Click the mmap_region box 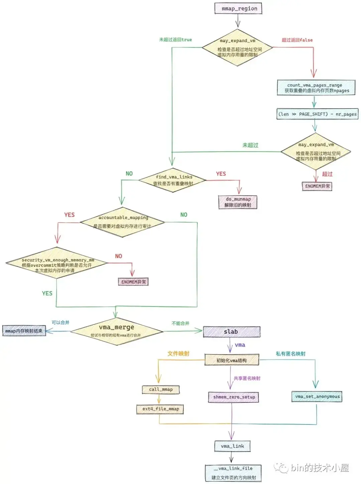click(x=238, y=8)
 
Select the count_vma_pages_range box click(x=316, y=88)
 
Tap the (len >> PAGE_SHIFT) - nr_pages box click(x=317, y=114)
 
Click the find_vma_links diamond click(x=173, y=180)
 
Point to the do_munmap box click(x=238, y=202)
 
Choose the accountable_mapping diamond click(x=123, y=222)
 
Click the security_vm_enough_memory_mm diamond click(x=57, y=263)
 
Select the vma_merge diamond click(x=116, y=331)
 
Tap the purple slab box click(x=231, y=332)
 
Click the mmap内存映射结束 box click(x=24, y=331)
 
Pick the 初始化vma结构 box click(x=232, y=360)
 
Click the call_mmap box click(x=161, y=389)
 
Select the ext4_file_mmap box click(x=160, y=409)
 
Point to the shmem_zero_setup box click(x=234, y=397)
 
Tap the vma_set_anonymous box click(x=317, y=396)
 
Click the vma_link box click(x=232, y=446)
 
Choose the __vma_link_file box click(x=233, y=473)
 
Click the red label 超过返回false click(x=297, y=40)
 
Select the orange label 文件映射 click(x=178, y=353)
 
